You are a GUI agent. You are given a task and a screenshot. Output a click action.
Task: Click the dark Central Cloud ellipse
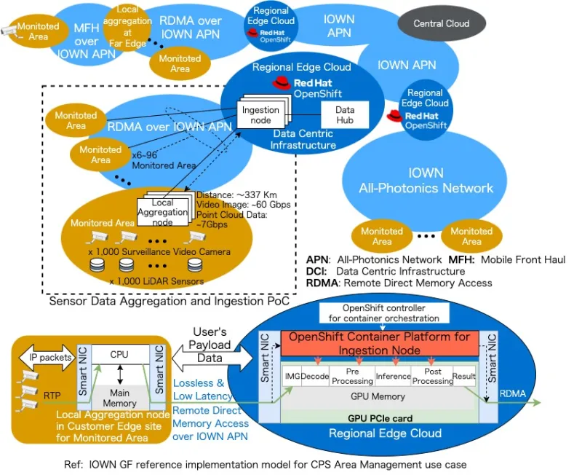(442, 23)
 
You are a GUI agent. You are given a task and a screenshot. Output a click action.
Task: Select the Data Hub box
(345, 114)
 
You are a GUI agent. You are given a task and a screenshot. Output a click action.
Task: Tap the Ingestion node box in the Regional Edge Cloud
(260, 115)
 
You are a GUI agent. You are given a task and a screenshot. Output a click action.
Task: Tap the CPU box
(119, 353)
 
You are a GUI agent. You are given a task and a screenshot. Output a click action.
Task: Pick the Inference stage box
(394, 377)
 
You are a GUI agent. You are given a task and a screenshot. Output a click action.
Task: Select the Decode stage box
(316, 377)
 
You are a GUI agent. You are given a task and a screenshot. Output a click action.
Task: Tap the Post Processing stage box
(433, 377)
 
